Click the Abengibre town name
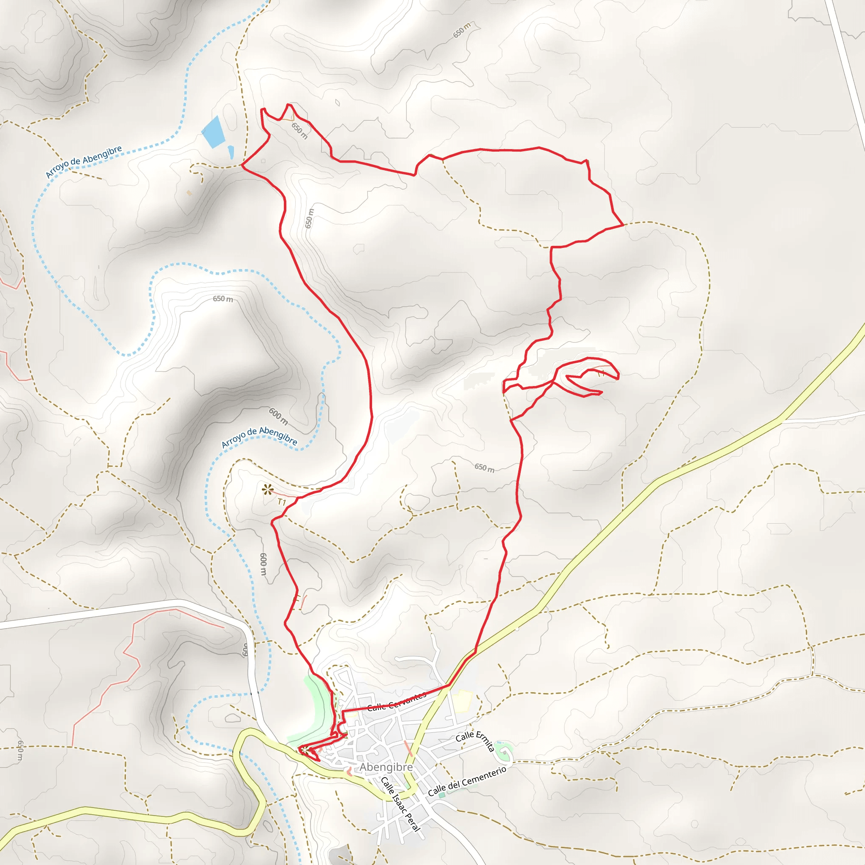tap(386, 767)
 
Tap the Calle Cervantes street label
tap(397, 702)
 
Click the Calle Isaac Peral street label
tap(401, 804)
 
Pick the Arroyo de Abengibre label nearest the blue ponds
tap(84, 162)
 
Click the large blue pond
tap(213, 132)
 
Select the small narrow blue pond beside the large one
tap(231, 152)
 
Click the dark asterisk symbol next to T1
tap(268, 490)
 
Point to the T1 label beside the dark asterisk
tap(282, 502)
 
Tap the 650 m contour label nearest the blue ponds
tap(299, 130)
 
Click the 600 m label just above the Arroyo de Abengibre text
tap(278, 416)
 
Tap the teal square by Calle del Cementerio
tap(442, 795)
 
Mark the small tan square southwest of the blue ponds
tap(189, 193)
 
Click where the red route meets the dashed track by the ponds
tap(242, 165)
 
